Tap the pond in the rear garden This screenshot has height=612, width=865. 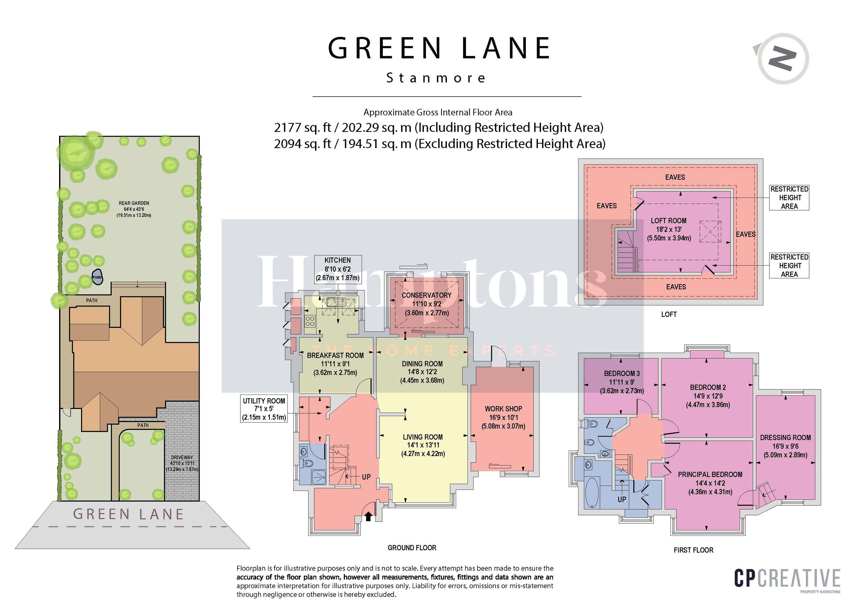[x=97, y=277]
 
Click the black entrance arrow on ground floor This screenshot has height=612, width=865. [x=368, y=516]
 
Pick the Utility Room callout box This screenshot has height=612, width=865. [x=264, y=409]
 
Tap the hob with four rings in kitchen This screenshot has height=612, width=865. [x=310, y=321]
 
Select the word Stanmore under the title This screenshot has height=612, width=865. [x=436, y=78]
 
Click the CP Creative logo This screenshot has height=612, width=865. [x=787, y=579]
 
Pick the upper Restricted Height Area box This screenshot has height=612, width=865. [x=789, y=198]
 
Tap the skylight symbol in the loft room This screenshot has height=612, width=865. [x=710, y=232]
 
